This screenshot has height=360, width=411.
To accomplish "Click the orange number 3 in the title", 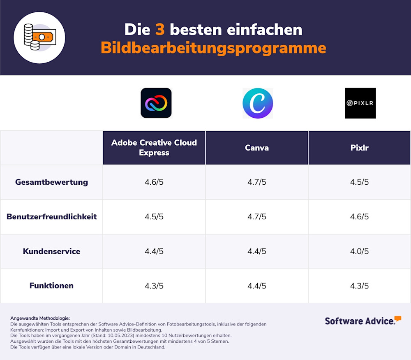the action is coord(160,29).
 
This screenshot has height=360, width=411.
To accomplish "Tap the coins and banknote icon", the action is coord(40,37).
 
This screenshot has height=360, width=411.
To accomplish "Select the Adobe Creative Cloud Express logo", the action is coord(156,103).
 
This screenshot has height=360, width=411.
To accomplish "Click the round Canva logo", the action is coord(258,103).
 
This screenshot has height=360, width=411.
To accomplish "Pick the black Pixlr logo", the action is coord(360,103).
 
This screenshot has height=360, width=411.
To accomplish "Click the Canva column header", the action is coord(257,148).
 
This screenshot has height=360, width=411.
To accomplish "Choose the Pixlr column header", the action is coord(359,148).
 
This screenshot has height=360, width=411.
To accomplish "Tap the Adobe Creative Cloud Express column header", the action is coord(154,148).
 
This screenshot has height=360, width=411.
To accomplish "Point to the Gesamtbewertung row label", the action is coord(52,182).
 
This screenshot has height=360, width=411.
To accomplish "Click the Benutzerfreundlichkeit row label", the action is coord(52,216).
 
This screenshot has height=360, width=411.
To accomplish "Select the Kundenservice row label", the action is coord(52,251).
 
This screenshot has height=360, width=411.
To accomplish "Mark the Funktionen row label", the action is coord(52,286).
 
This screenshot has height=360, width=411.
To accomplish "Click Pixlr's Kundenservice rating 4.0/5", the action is coord(359,251).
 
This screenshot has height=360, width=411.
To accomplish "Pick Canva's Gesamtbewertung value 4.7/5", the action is coord(257,182).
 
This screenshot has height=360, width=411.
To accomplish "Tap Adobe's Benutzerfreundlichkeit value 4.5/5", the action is coord(154,216).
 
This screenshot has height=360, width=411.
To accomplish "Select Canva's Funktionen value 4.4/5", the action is coord(257,286).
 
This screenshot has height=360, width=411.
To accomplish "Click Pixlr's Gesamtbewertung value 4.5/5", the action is coord(359,182).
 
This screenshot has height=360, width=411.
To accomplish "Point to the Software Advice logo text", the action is coord(360,321).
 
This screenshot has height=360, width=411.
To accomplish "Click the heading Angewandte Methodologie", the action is coord(40,318).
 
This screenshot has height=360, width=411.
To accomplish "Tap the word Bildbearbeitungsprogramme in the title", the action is coord(213,48).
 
